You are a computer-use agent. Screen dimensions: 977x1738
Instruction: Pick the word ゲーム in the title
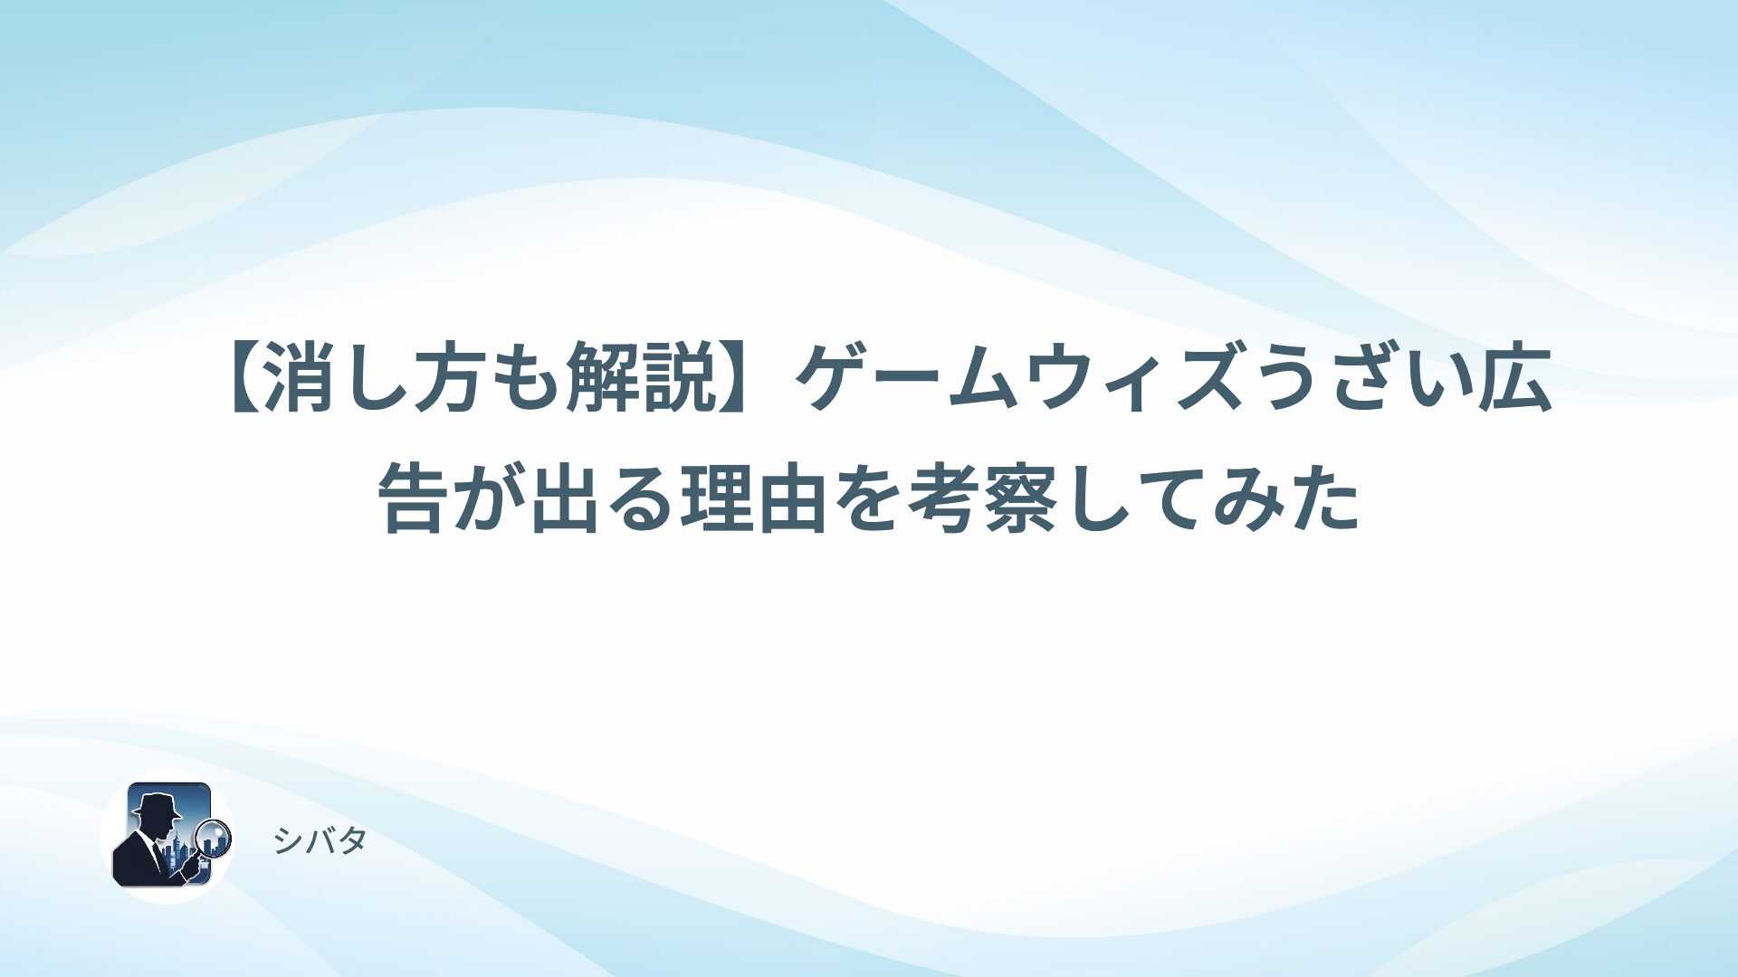[905, 381]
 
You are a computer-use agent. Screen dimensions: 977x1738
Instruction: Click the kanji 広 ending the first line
[1516, 381]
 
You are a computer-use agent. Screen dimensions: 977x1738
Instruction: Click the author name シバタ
[320, 841]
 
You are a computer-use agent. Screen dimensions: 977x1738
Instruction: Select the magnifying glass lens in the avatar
[215, 837]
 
